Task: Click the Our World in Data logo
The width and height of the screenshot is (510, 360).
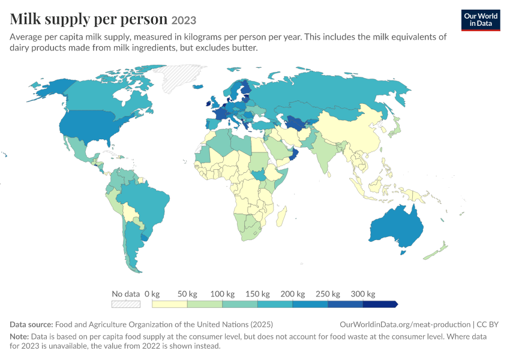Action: tap(481, 20)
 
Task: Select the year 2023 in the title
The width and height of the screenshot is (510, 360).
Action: tap(184, 20)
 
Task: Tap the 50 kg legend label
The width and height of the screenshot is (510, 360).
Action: tap(187, 294)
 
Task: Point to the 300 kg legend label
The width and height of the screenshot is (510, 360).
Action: tap(363, 294)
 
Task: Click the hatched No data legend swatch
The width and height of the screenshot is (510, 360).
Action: tap(126, 304)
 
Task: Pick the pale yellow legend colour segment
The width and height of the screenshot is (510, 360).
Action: tap(169, 304)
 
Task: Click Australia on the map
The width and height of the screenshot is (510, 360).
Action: tap(397, 227)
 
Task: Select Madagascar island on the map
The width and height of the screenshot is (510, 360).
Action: tap(281, 216)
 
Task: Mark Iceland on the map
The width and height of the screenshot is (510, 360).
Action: tap(198, 86)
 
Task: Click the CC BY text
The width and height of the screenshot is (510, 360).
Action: tap(488, 324)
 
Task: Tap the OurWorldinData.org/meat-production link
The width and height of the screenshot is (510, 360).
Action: tap(405, 324)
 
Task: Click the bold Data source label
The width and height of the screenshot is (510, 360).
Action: tap(31, 324)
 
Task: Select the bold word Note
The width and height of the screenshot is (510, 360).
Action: tap(19, 336)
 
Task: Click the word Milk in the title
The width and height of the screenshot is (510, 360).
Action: tap(25, 19)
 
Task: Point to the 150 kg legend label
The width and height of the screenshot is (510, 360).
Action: tap(257, 294)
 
